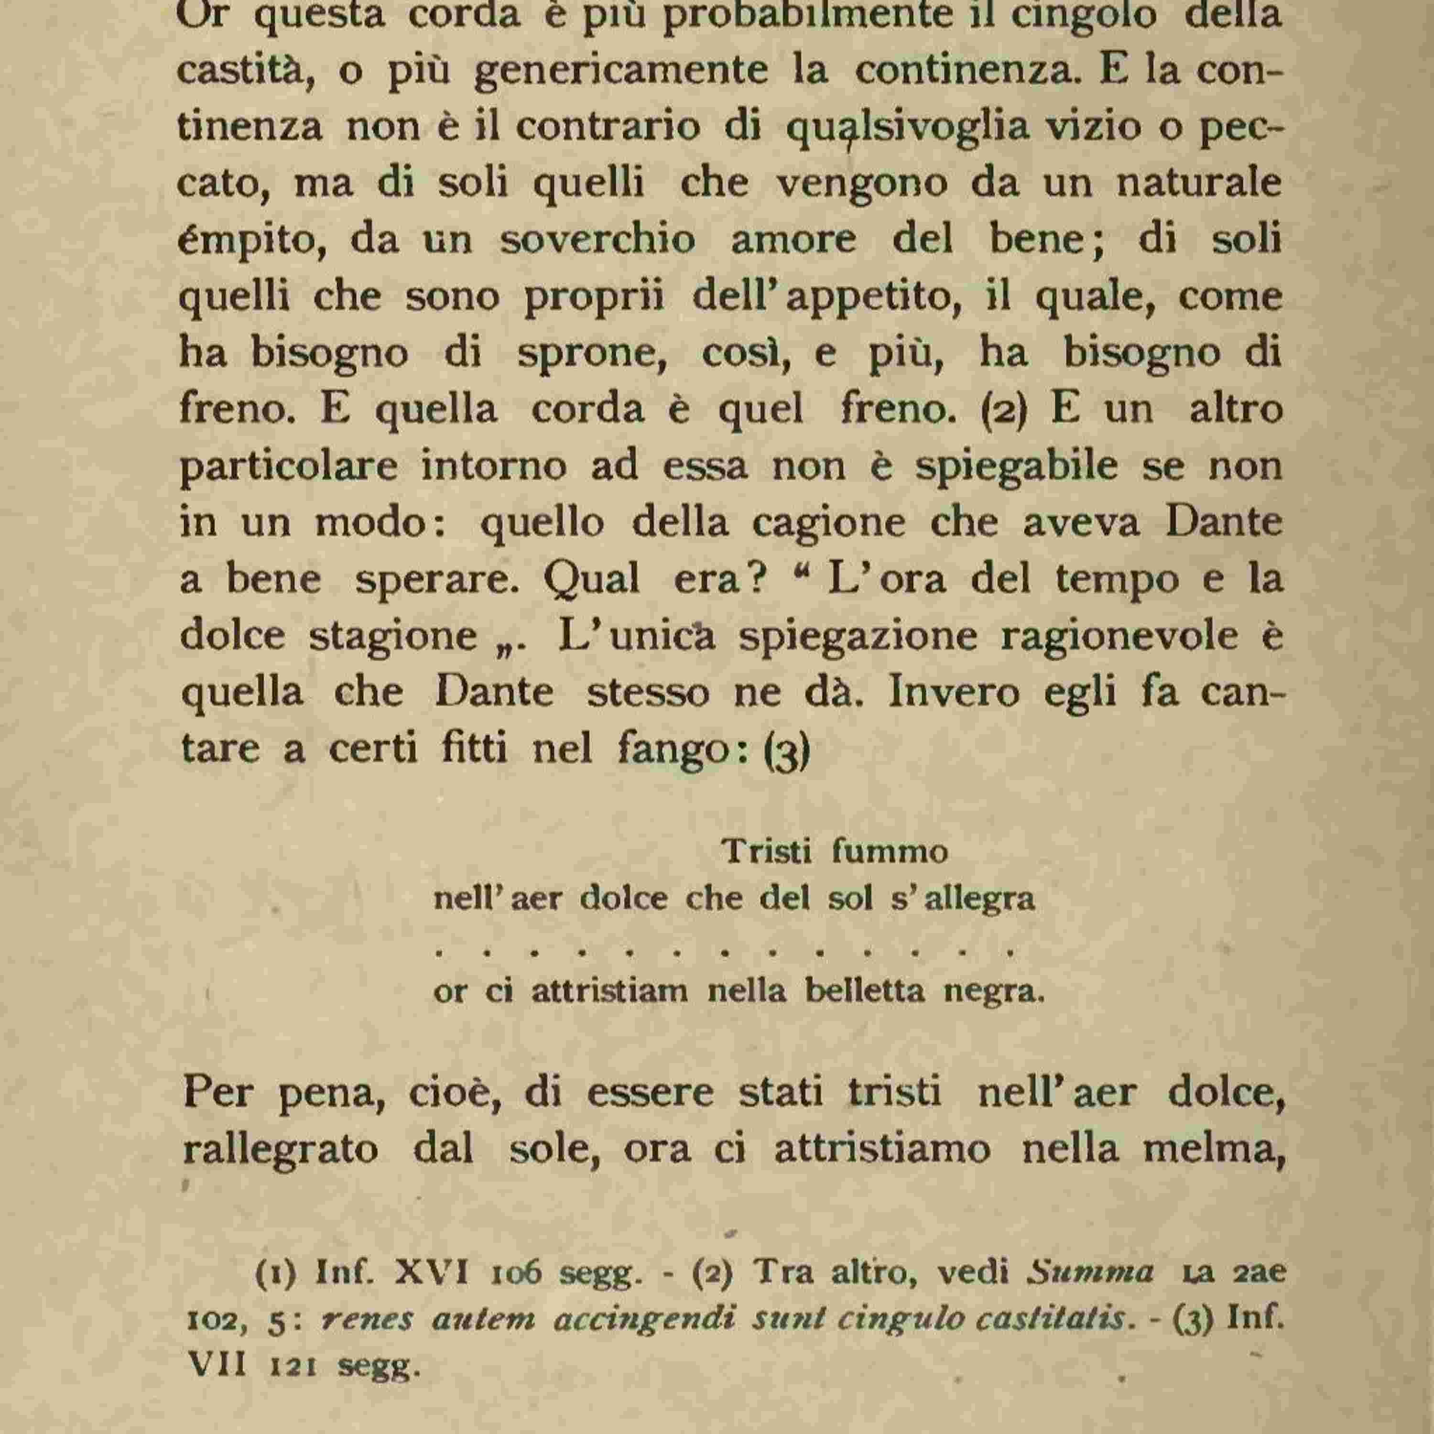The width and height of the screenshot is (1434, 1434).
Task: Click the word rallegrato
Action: point(281,1150)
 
